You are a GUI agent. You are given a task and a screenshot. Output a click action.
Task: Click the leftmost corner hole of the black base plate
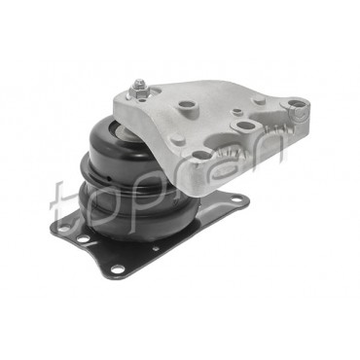coord(64,229)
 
